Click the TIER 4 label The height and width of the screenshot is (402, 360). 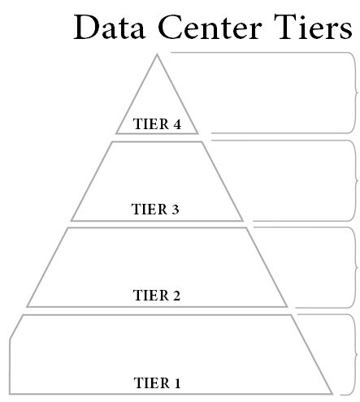(155, 125)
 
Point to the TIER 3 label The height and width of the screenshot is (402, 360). (155, 209)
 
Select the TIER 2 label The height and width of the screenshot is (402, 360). (155, 295)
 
